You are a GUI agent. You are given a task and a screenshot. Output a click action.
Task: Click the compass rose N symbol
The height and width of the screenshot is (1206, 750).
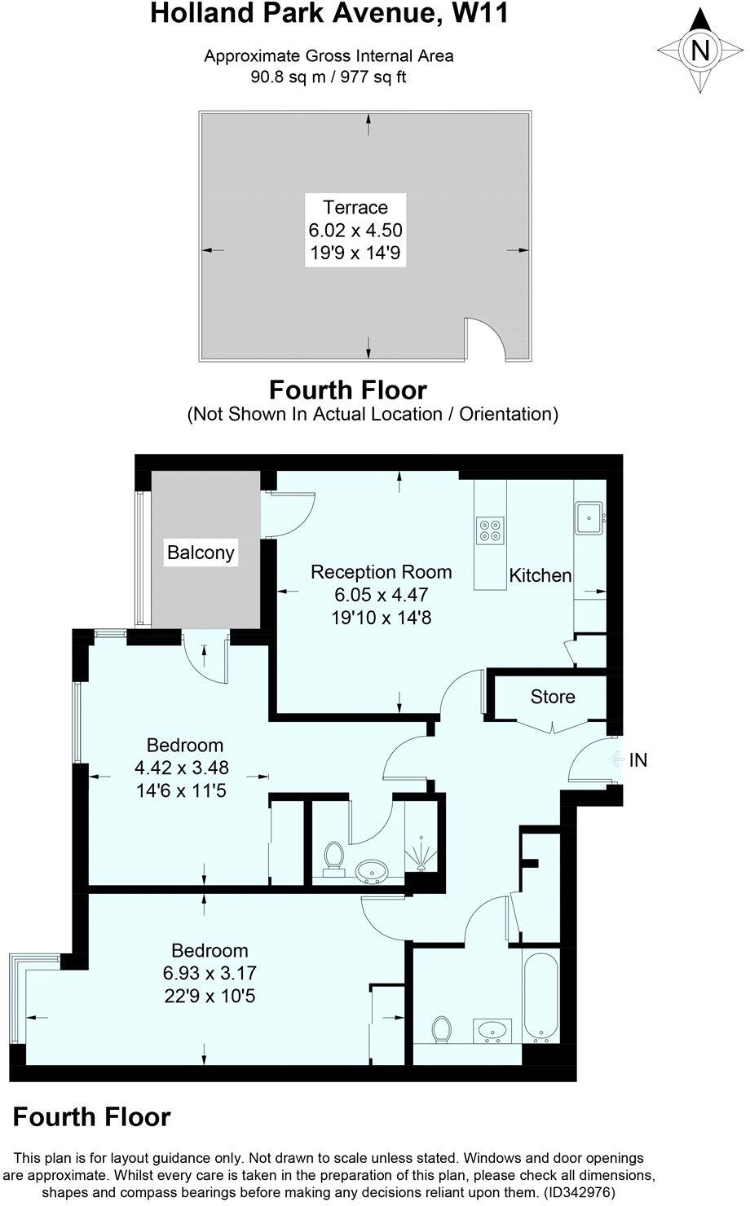(699, 51)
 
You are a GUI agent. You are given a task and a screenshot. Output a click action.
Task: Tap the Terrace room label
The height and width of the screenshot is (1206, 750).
(355, 207)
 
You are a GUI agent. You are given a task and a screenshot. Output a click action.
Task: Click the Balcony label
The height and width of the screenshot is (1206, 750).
(201, 552)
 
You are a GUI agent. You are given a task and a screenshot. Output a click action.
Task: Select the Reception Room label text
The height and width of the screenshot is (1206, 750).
(381, 572)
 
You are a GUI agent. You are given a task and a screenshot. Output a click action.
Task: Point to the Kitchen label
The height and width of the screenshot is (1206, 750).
(540, 575)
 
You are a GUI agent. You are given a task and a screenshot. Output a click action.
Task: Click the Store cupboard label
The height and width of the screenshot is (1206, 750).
(553, 697)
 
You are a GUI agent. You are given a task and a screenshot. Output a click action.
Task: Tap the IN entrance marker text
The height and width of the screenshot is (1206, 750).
(638, 760)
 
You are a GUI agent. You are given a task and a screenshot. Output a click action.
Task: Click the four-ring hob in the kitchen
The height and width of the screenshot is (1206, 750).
(491, 530)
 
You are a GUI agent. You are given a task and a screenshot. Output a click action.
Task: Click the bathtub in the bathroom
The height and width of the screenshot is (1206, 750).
(540, 997)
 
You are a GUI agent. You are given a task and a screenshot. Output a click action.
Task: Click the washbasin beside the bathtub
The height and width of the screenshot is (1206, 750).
(492, 1031)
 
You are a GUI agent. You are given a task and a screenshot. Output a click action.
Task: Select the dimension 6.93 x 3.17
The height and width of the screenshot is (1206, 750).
(210, 973)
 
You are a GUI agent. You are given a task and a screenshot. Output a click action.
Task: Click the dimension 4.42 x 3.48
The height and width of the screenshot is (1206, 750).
(182, 767)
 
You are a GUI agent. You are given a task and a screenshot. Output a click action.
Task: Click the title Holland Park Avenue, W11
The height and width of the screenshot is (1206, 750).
(329, 14)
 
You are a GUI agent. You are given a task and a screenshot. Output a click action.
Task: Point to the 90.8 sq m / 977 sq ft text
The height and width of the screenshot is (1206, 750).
(329, 78)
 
